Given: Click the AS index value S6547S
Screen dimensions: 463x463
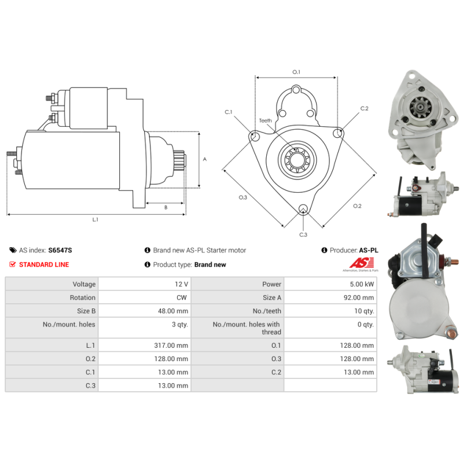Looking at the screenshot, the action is click(60, 251).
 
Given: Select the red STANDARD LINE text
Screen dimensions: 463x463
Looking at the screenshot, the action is click(44, 264).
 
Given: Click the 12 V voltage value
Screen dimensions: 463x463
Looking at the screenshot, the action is click(181, 284).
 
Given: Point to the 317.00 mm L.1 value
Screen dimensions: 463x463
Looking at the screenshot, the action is click(171, 346).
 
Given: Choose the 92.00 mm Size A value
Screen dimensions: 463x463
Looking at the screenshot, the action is click(359, 297).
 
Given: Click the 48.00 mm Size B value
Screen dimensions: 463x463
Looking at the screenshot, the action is click(173, 311).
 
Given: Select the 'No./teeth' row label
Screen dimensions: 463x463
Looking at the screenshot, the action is click(267, 311).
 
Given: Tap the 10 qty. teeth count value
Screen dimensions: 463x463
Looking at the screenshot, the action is click(364, 311).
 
